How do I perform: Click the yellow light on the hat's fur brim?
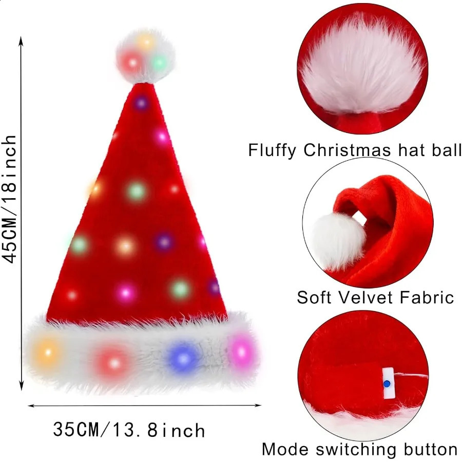(47, 353)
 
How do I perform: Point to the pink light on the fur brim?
(239, 351)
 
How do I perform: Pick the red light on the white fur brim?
(114, 361)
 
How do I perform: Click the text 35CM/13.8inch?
(129, 429)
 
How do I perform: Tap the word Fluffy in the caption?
(273, 151)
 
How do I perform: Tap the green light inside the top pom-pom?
(159, 63)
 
